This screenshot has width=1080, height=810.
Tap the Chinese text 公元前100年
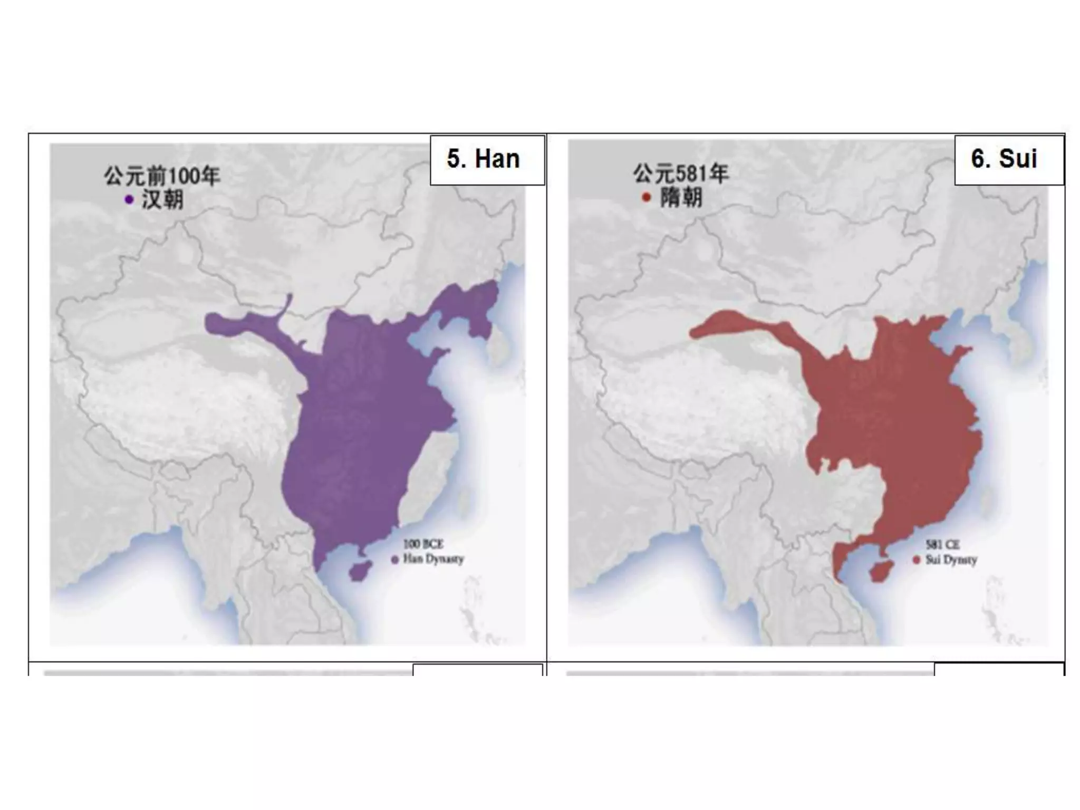pyautogui.click(x=161, y=176)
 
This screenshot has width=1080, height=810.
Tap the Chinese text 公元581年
pyautogui.click(x=681, y=173)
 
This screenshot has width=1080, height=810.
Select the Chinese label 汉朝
pyautogui.click(x=162, y=200)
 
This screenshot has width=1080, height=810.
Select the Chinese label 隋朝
pyautogui.click(x=681, y=198)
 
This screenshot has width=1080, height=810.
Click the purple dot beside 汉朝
pyautogui.click(x=129, y=200)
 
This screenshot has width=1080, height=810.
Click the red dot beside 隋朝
pyautogui.click(x=647, y=198)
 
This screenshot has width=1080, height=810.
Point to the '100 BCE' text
pyautogui.click(x=423, y=544)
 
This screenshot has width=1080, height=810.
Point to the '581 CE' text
pyautogui.click(x=942, y=544)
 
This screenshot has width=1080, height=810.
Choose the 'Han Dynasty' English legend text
pyautogui.click(x=433, y=559)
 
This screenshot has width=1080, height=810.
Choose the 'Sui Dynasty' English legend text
pyautogui.click(x=951, y=560)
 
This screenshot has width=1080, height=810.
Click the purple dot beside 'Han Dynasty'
pyautogui.click(x=394, y=560)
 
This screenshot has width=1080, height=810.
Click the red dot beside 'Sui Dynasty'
pyautogui.click(x=917, y=560)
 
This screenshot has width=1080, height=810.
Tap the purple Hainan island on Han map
pyautogui.click(x=360, y=571)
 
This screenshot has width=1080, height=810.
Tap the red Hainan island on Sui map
pyautogui.click(x=879, y=572)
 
